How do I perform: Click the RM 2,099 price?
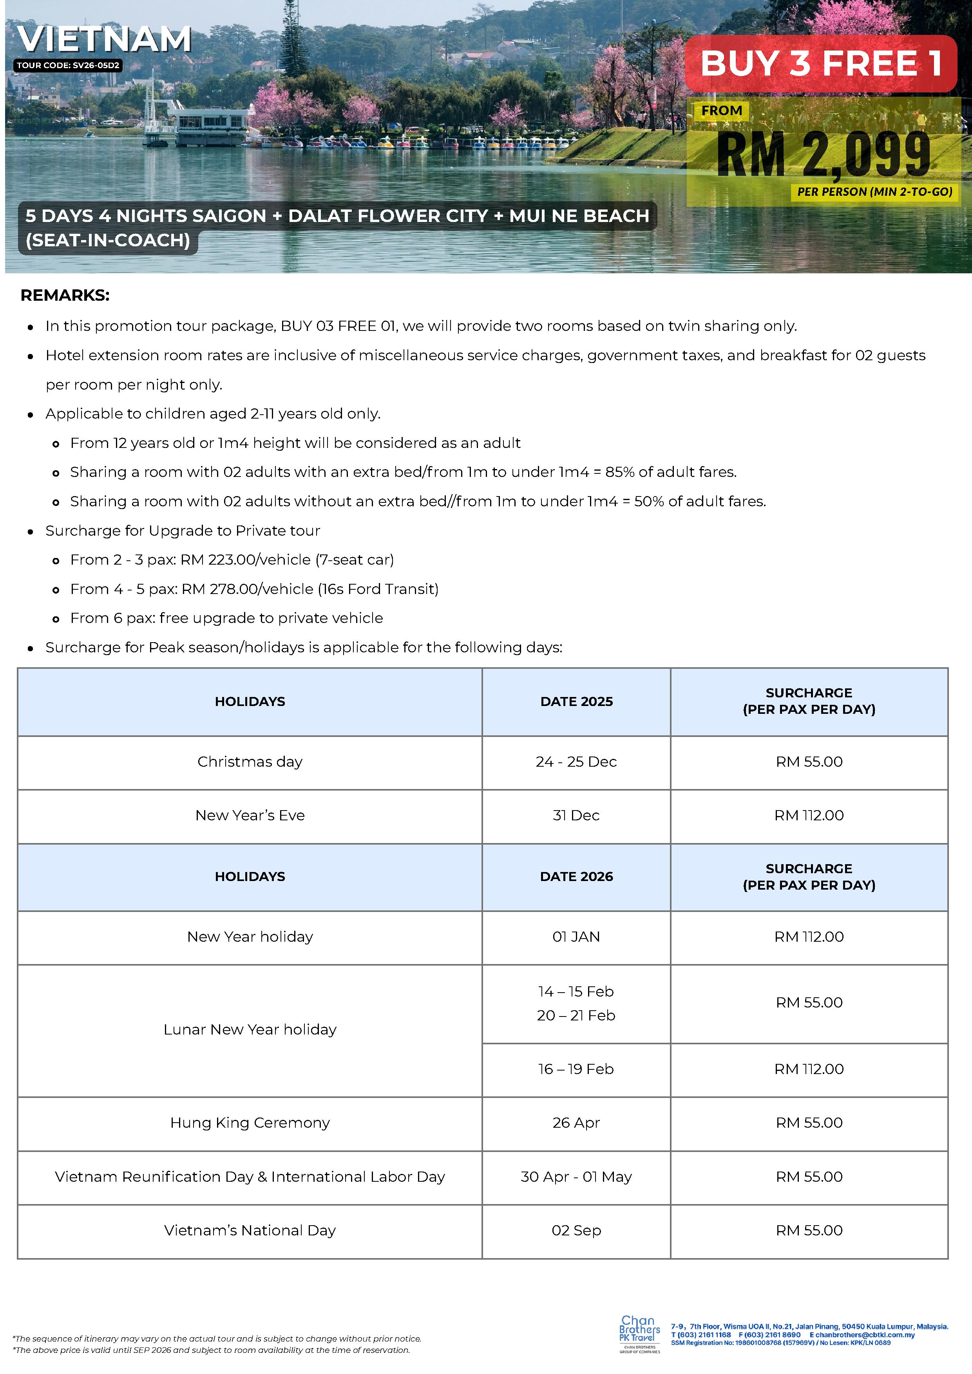(824, 154)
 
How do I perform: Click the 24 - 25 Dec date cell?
(576, 762)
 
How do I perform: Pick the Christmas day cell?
(250, 762)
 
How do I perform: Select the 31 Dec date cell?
(576, 815)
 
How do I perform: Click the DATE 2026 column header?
(576, 877)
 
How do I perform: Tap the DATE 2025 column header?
(576, 701)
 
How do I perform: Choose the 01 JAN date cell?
(576, 937)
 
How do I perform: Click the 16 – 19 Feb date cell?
(576, 1069)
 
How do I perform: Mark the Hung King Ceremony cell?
(250, 1123)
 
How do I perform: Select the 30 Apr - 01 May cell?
(576, 1177)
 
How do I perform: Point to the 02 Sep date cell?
(576, 1230)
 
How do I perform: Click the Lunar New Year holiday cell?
(250, 1029)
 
